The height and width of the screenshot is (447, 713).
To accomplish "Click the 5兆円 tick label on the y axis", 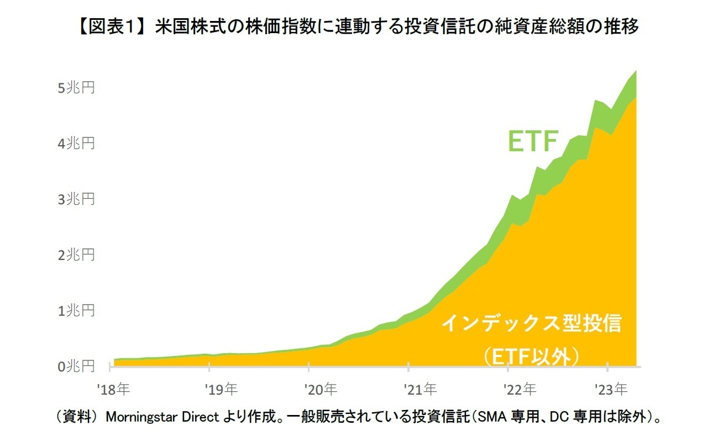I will tap(76, 87).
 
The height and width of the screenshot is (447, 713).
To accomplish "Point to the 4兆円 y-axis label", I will tap(76, 143).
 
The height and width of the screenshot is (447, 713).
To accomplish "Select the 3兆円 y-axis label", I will tap(76, 199).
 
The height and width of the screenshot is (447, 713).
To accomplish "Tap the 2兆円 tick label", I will tap(76, 254).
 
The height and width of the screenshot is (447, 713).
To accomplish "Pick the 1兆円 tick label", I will tap(76, 310).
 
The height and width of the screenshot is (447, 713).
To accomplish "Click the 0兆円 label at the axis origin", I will tap(76, 366).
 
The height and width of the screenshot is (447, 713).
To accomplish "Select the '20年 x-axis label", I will tap(321, 390).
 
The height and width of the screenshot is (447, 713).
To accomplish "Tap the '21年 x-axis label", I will tap(420, 390).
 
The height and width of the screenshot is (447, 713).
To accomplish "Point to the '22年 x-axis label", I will tap(520, 390).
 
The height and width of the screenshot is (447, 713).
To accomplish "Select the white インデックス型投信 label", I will tap(531, 323).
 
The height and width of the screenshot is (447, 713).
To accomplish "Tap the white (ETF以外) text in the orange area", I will tap(531, 356).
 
